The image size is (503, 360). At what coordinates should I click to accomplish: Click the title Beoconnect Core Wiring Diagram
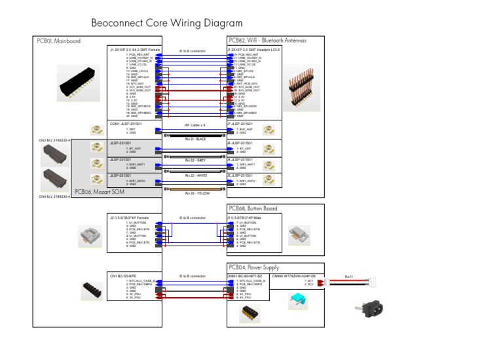point(167,24)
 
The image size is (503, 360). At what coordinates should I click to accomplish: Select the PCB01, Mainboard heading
point(59,41)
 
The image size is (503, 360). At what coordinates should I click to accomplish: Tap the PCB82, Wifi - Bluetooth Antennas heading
point(267,41)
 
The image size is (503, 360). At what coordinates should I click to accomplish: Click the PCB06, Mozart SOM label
point(100,192)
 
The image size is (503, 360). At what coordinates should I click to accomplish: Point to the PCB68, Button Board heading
point(253,209)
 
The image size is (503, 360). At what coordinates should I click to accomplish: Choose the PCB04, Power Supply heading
point(253,267)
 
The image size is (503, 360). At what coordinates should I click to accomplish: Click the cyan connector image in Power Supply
point(299,300)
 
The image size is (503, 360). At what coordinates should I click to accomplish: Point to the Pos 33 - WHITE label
point(195,175)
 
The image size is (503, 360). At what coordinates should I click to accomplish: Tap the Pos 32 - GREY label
point(195,160)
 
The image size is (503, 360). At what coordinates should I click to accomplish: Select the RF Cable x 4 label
point(195,124)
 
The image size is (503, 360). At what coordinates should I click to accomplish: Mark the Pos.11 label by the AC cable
point(348,276)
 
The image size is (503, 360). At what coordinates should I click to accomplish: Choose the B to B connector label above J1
point(193,50)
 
